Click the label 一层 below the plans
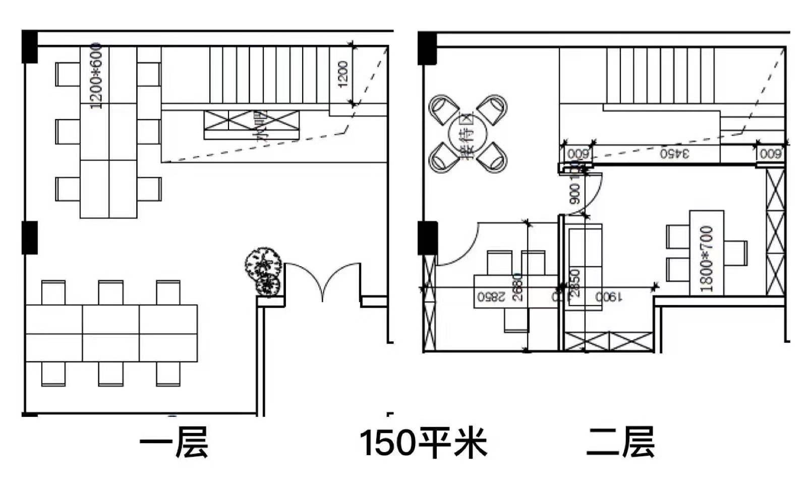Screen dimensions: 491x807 pos(174,442)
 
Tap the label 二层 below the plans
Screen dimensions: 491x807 pos(620,442)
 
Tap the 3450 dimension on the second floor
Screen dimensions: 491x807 pos(674,153)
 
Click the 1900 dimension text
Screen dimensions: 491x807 pos(607,297)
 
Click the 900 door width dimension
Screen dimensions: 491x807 pos(574,194)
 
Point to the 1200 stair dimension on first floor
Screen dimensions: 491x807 pos(343,74)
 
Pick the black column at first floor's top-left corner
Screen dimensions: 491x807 pos(30,47)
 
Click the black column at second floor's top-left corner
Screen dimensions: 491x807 pos(427,48)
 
